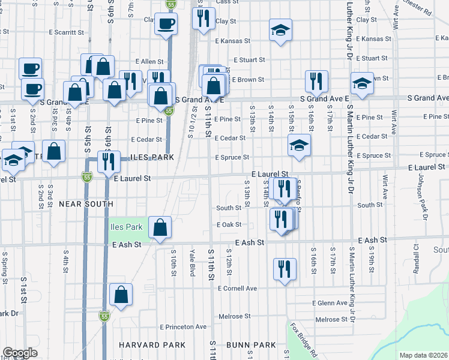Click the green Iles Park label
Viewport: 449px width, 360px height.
coord(126,227)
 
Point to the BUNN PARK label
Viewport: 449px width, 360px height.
coord(251,345)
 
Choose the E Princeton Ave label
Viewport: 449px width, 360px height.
coord(183,326)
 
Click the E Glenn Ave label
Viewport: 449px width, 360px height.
coord(330,303)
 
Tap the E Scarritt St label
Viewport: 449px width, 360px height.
coord(59,32)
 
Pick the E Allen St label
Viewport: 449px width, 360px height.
coord(149,61)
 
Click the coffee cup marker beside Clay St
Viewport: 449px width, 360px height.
coord(166,25)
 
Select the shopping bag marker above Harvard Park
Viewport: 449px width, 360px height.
coord(121,296)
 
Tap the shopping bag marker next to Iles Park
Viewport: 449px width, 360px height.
coord(160,228)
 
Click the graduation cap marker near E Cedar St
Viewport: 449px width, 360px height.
coord(299,146)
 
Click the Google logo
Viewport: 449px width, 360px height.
coord(20,353)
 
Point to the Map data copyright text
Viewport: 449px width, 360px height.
coord(423,355)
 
